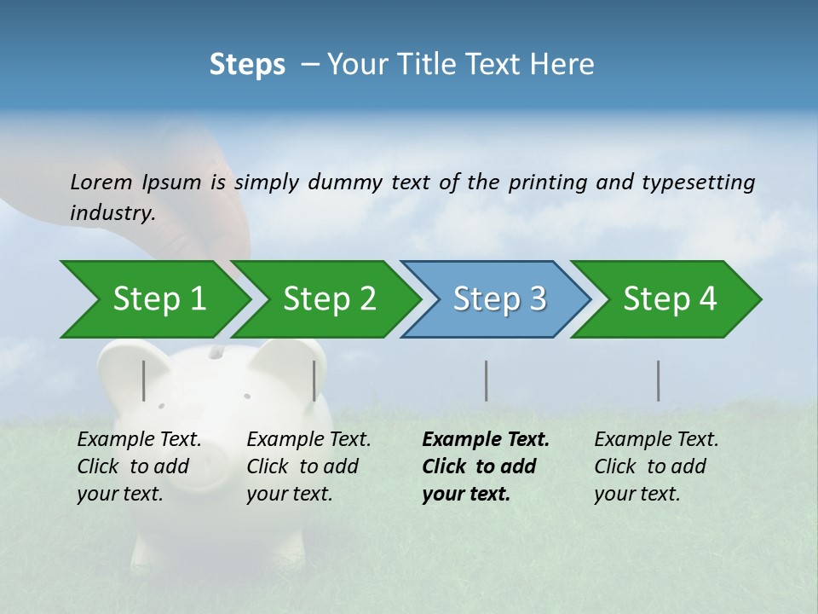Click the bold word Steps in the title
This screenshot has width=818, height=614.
point(247,64)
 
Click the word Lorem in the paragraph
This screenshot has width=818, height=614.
point(101,182)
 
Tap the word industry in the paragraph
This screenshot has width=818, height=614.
point(112,212)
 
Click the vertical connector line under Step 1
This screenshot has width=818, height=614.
point(144,380)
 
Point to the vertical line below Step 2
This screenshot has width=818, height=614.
point(314,380)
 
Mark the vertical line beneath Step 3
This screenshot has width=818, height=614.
point(486,380)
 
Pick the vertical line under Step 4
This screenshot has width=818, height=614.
point(658,380)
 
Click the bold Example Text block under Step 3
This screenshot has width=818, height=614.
point(485,466)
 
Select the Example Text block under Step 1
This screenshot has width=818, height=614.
point(139,466)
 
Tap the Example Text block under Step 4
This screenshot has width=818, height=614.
point(656,466)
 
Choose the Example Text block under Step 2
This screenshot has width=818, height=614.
point(308,466)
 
